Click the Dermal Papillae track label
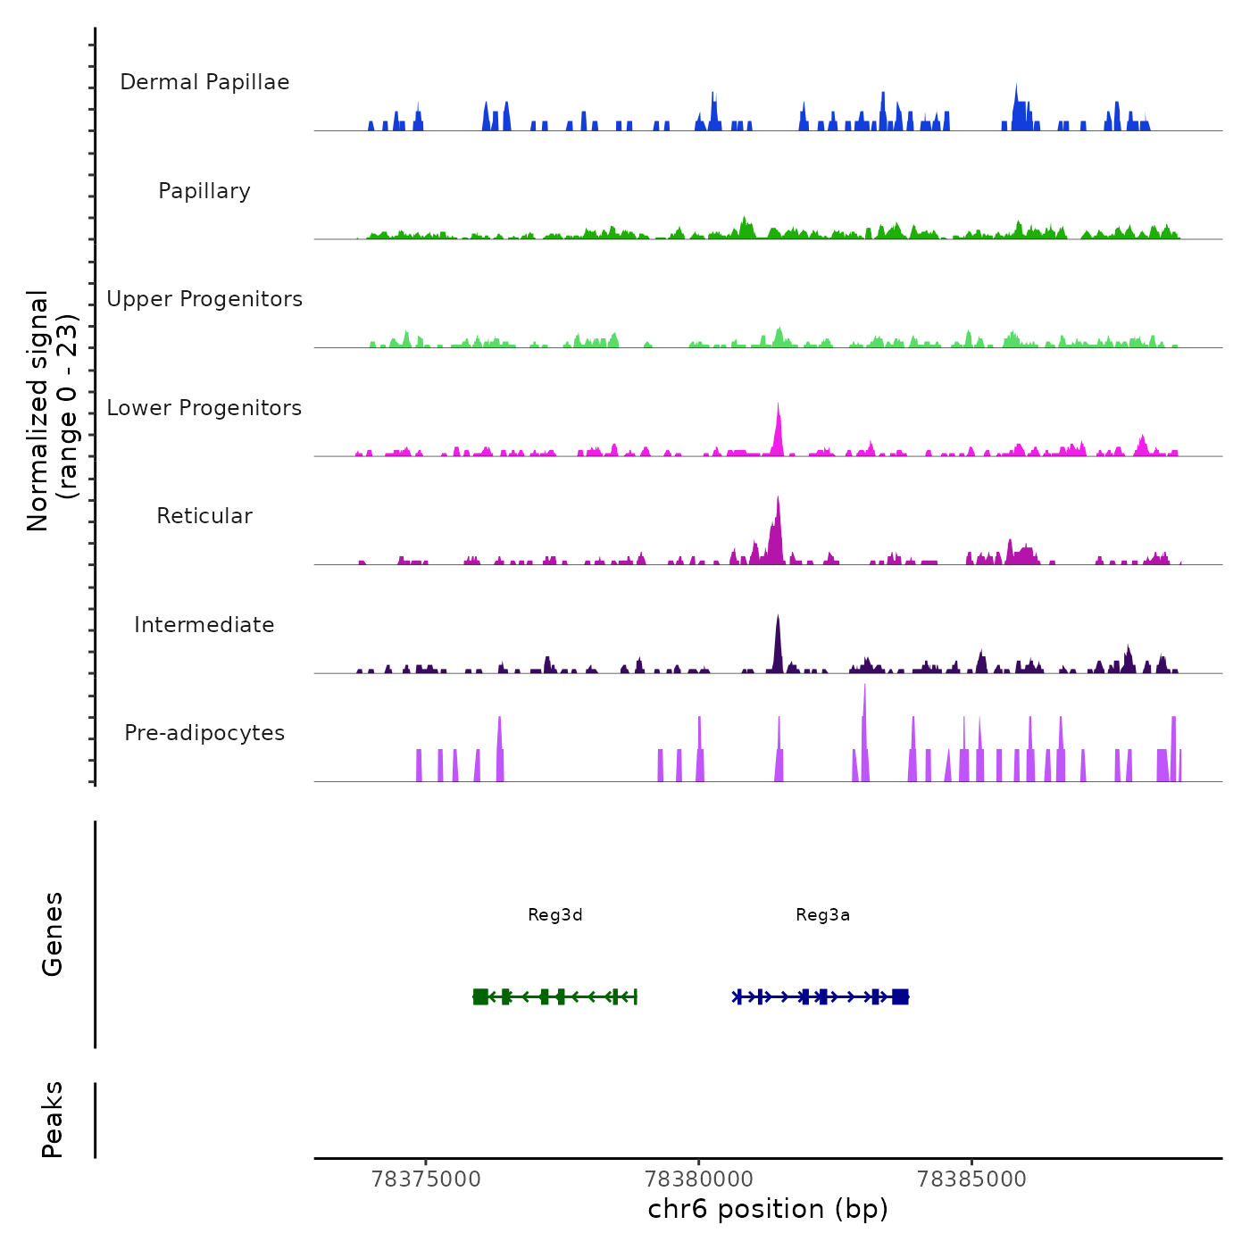[x=204, y=82]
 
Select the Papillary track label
[x=204, y=191]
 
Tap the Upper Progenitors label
[x=204, y=299]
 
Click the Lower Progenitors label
[x=204, y=408]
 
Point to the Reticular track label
[x=204, y=516]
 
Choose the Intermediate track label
[x=204, y=625]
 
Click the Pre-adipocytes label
[x=204, y=733]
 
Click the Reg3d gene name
[x=555, y=915]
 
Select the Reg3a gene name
[x=822, y=915]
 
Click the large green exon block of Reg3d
[x=480, y=996]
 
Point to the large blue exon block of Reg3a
[x=900, y=996]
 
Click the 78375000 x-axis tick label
[x=426, y=1179]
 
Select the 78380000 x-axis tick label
[x=699, y=1179]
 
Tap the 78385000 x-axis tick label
[x=971, y=1179]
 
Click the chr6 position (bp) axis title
[x=768, y=1210]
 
